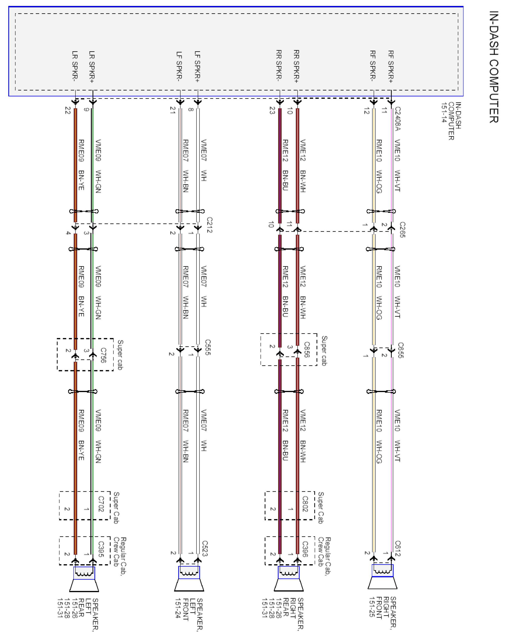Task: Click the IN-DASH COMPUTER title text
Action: coord(494,67)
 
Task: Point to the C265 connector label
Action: coord(402,229)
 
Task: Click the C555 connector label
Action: coord(208,347)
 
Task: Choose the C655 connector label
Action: coord(401,350)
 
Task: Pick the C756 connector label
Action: coord(103,355)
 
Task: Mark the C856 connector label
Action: coord(307,350)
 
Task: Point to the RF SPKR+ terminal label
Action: coord(391,67)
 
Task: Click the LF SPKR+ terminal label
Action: coord(198,67)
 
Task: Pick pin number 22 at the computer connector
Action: coord(68,111)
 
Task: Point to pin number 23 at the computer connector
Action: coord(272,111)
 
